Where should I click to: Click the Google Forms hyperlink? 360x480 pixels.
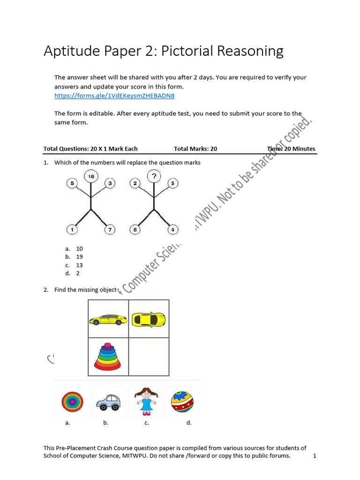click(x=114, y=96)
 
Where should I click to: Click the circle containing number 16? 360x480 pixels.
click(x=91, y=177)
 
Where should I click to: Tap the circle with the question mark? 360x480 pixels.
click(x=154, y=177)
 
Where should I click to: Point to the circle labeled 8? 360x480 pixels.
click(x=135, y=230)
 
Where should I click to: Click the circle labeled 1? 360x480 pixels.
click(x=72, y=230)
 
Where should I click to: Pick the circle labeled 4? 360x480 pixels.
click(x=172, y=230)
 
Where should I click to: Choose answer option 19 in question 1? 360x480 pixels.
click(x=79, y=257)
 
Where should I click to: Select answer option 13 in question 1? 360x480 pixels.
click(x=79, y=265)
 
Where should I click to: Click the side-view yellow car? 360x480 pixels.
click(x=108, y=320)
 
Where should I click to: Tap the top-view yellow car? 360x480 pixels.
click(x=149, y=319)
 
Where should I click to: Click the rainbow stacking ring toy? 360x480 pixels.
click(x=108, y=357)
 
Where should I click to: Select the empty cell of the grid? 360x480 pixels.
click(x=149, y=357)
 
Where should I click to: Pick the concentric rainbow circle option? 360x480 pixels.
click(x=73, y=402)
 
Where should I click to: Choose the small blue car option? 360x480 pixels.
click(x=108, y=402)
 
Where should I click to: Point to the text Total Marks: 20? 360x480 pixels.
click(x=195, y=149)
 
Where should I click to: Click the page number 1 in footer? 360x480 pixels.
click(x=315, y=456)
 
